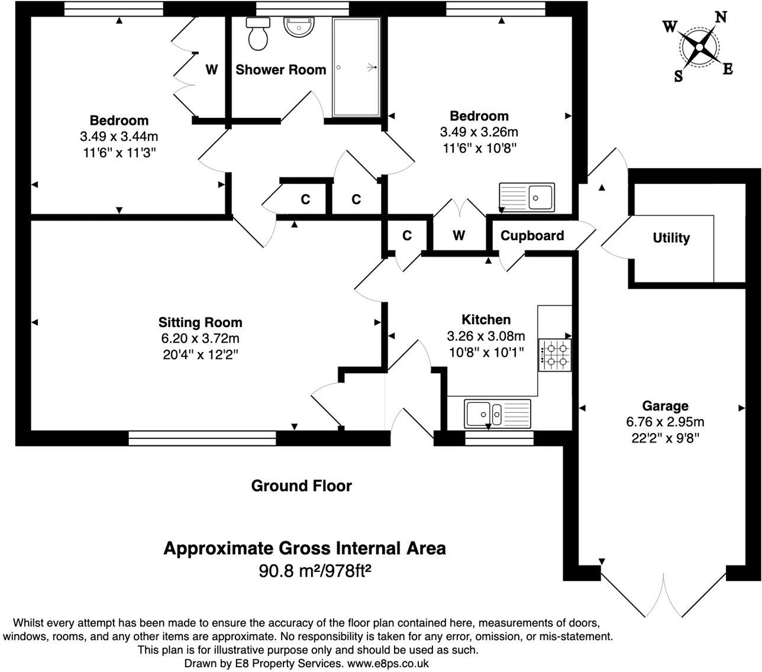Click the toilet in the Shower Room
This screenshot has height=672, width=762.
tap(258, 34)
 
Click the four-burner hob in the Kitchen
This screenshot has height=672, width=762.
tap(554, 354)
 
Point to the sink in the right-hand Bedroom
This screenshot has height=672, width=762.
tap(527, 197)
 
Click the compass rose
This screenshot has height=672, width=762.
tap(699, 47)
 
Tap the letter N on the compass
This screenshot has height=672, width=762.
tap(721, 17)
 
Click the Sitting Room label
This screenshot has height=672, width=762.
tap(200, 322)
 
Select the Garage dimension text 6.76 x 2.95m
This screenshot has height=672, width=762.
tap(666, 422)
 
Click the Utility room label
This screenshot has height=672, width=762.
tap(671, 238)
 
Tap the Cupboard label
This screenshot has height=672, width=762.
tap(532, 235)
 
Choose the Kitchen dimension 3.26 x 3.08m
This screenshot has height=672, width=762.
tap(486, 337)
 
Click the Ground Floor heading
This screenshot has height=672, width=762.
tap(301, 486)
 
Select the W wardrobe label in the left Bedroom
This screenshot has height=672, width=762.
tap(211, 70)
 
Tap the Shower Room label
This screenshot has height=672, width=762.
tap(281, 70)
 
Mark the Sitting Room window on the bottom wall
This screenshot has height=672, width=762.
tap(202, 438)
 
